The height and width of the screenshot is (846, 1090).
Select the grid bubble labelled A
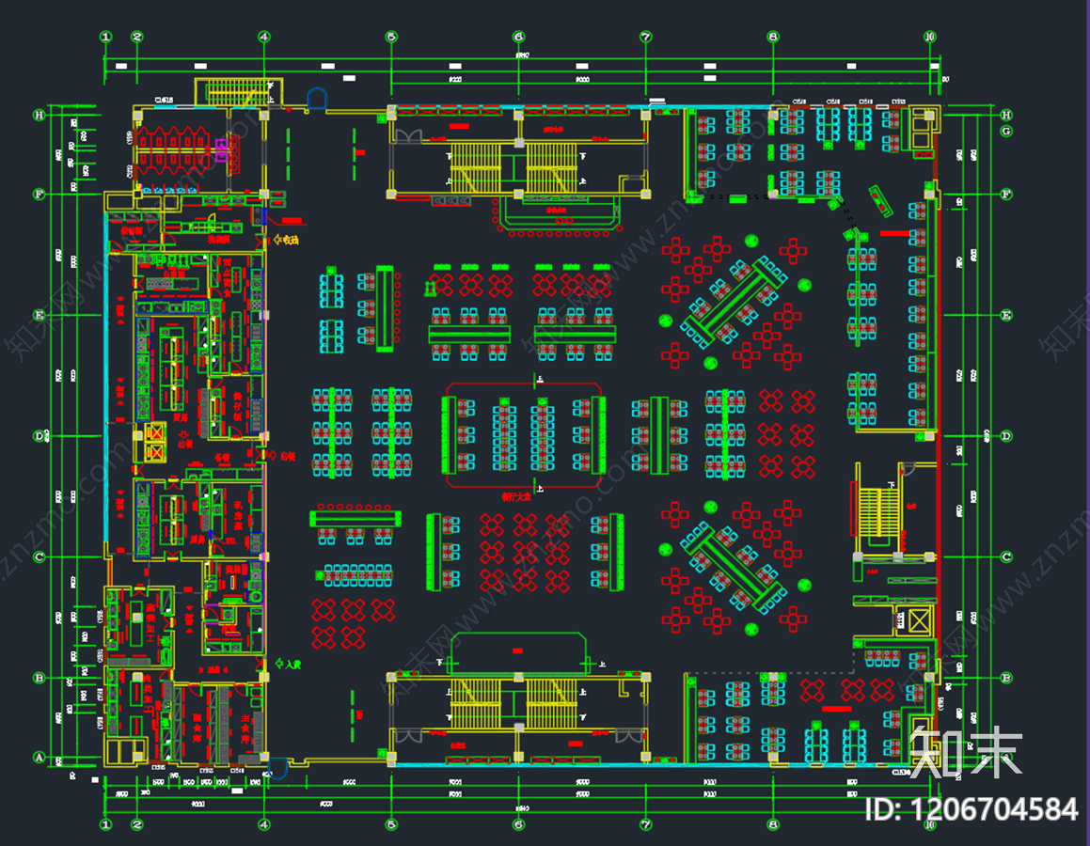coord(39,758)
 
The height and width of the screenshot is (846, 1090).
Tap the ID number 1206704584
coord(972,808)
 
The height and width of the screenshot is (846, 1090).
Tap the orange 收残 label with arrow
coord(285,242)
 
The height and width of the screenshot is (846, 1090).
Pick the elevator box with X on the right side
coord(915,620)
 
